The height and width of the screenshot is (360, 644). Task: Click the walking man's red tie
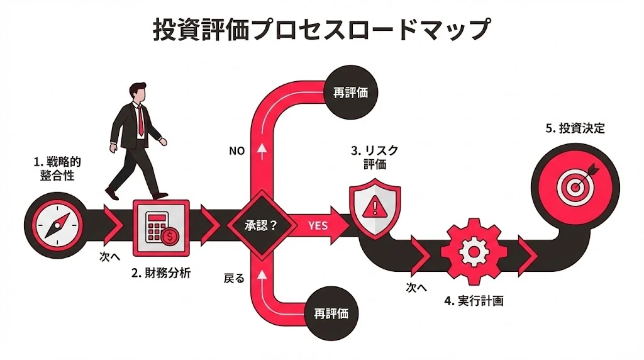click(142, 120)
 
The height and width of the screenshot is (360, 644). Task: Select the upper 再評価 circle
click(350, 92)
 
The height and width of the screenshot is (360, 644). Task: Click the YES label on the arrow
click(318, 225)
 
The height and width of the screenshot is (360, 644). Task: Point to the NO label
click(236, 151)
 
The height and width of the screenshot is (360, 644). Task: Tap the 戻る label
click(234, 278)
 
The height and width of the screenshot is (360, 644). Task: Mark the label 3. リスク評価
click(375, 157)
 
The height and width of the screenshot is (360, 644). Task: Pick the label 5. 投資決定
click(575, 128)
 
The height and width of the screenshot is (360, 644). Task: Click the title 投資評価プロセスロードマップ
click(322, 30)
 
